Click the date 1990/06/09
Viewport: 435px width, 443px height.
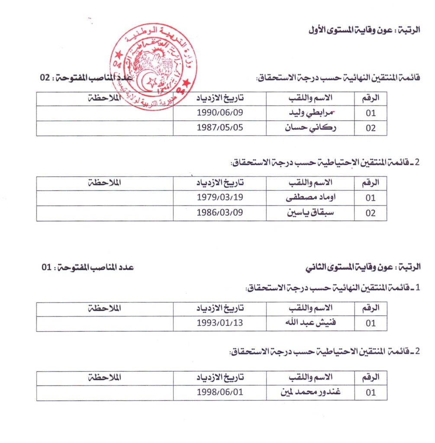(x=220, y=114)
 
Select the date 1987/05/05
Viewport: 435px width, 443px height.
(x=220, y=128)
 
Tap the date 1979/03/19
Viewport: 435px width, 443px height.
(x=220, y=199)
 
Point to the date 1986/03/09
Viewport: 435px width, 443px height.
(x=220, y=213)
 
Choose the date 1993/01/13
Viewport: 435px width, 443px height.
(x=220, y=323)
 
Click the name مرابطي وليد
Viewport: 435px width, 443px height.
(x=310, y=114)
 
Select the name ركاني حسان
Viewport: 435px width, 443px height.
(x=310, y=128)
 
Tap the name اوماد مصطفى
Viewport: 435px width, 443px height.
(x=310, y=199)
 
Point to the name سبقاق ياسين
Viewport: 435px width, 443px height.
(x=310, y=213)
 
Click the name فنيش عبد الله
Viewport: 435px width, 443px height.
(x=310, y=323)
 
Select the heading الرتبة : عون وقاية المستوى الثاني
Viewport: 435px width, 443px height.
(x=364, y=267)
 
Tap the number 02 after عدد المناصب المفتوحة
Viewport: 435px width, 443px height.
(x=45, y=78)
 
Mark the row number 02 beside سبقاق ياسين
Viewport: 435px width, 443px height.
(x=371, y=213)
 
